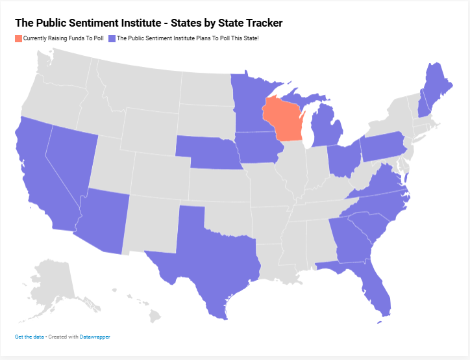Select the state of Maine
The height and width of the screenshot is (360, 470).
coord(434,84)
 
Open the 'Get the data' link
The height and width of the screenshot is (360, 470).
coord(30,337)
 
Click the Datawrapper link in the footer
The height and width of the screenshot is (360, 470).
coord(95,337)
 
